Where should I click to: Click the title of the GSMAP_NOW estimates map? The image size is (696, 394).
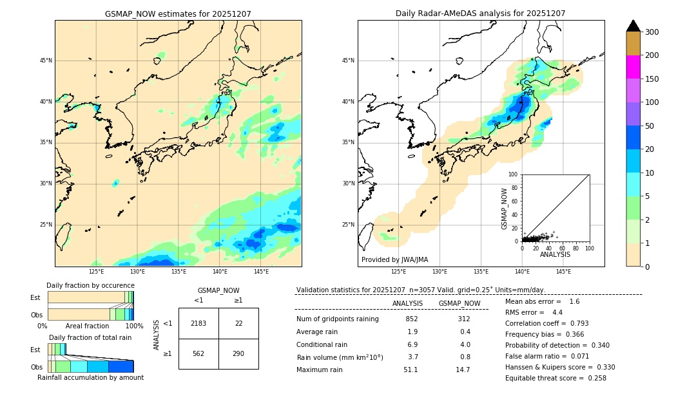pos(178,14)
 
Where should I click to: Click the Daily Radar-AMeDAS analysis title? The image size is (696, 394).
pos(480,14)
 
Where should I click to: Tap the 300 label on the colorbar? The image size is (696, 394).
pos(652,32)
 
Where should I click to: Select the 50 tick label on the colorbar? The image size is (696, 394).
pos(650,126)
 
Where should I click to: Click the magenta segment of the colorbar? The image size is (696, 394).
pos(633,67)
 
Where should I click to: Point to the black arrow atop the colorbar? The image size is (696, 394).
pos(633,26)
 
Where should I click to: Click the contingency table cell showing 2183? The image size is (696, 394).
pos(198,323)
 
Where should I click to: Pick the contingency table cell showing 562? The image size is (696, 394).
pos(198,353)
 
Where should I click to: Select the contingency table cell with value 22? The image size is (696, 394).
pos(238,323)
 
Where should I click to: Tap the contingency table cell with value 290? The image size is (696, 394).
pos(238,353)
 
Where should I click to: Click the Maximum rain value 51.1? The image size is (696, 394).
pos(411,370)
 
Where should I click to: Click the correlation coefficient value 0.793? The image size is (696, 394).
pos(575,323)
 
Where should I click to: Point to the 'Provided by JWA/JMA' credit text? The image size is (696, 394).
pos(394,259)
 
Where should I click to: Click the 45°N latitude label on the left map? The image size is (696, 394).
pos(46,61)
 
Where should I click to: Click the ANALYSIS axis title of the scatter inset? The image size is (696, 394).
pos(555,254)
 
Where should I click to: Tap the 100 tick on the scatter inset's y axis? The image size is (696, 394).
pos(514,174)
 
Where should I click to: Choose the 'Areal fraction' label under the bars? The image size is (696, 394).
pos(88,326)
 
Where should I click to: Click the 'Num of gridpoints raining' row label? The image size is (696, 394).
pos(337,319)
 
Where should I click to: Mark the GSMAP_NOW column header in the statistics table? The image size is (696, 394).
pos(459,303)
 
